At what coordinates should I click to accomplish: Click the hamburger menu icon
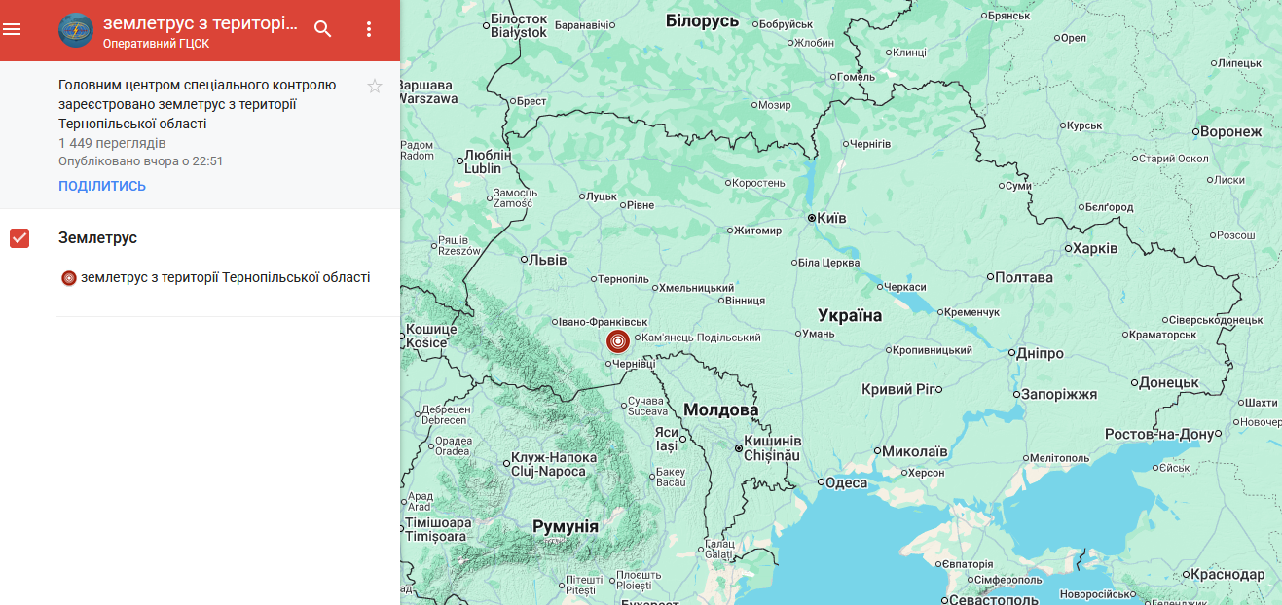pyautogui.click(x=12, y=29)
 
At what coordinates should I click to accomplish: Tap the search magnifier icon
pyautogui.click(x=323, y=29)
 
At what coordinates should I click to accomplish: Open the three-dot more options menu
pyautogui.click(x=369, y=29)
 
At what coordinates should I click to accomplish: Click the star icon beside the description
pyautogui.click(x=375, y=87)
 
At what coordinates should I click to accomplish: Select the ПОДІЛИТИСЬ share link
pyautogui.click(x=102, y=186)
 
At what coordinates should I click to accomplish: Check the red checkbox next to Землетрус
pyautogui.click(x=19, y=238)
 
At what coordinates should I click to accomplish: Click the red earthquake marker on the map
pyautogui.click(x=617, y=341)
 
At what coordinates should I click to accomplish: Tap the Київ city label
pyautogui.click(x=831, y=218)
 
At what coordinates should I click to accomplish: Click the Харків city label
pyautogui.click(x=1095, y=248)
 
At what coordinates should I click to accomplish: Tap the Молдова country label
pyautogui.click(x=720, y=409)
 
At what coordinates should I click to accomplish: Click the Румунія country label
pyautogui.click(x=566, y=526)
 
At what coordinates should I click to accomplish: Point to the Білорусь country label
pyautogui.click(x=702, y=20)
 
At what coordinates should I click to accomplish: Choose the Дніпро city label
pyautogui.click(x=1040, y=353)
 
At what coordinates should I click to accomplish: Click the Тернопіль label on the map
pyautogui.click(x=622, y=279)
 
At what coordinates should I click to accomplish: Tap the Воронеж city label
pyautogui.click(x=1230, y=131)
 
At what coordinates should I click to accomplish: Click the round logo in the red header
pyautogui.click(x=76, y=30)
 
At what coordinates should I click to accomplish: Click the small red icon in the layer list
pyautogui.click(x=69, y=278)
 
